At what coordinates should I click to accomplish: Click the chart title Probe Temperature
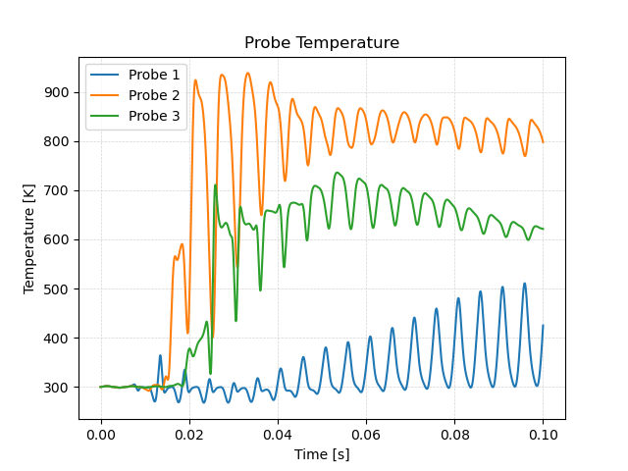(322, 43)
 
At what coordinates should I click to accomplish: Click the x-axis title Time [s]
(322, 454)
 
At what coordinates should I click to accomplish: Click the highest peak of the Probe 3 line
(337, 173)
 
